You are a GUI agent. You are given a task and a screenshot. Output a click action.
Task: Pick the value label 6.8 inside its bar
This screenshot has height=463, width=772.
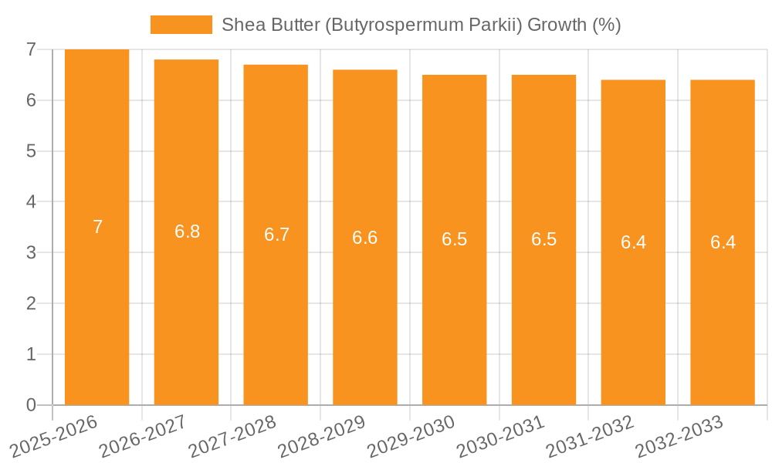coord(187,231)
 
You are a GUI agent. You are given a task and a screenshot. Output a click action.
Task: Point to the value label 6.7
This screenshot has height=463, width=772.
coord(276,235)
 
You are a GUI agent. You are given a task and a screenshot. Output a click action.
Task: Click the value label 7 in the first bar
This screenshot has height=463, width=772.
coord(97,227)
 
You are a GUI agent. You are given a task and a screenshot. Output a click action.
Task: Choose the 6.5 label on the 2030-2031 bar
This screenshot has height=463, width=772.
coord(543,239)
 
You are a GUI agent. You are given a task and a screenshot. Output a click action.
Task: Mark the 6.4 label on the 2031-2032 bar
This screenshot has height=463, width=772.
coord(633,242)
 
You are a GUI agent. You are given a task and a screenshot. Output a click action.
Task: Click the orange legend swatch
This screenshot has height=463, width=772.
coord(181,25)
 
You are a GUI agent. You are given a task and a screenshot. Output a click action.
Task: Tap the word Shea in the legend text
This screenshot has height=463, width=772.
coord(241,25)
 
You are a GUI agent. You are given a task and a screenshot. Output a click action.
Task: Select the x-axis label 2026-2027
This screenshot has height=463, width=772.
coord(144,437)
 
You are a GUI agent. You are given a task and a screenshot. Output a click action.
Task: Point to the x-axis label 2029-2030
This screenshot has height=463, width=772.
coord(411,437)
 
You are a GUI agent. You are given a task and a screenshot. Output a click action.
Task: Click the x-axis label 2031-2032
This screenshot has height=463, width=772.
coord(591,437)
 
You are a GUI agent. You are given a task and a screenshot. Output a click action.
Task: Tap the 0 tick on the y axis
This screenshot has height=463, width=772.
coord(31,405)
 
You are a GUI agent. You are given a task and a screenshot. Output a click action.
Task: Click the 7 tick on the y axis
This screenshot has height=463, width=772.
coord(31,49)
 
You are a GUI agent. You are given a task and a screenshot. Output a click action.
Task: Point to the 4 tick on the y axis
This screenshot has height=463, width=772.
coord(31,202)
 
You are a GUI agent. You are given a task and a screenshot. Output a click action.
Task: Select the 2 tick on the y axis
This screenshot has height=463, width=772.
coord(31,303)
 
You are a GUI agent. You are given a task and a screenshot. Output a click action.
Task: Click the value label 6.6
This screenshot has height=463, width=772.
coord(364,238)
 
